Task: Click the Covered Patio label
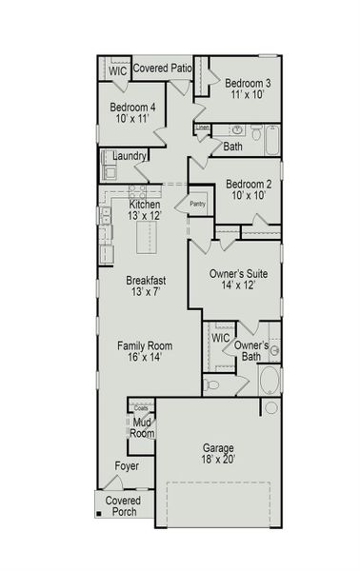point(162,69)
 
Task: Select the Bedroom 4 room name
point(131,113)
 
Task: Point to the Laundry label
point(129,155)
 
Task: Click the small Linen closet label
point(203,127)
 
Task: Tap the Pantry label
point(197,203)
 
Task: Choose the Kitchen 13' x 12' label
point(145,210)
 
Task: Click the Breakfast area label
point(146,286)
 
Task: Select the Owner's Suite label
point(238,280)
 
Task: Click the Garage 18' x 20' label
point(218,453)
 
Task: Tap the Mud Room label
point(142,427)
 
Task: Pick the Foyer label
point(127,466)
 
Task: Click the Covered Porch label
point(122,506)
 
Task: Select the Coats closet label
point(140,407)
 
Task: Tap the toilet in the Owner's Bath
point(211,384)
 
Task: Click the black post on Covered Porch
point(97,516)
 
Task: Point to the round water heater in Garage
point(270,407)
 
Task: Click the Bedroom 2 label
point(249,189)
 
